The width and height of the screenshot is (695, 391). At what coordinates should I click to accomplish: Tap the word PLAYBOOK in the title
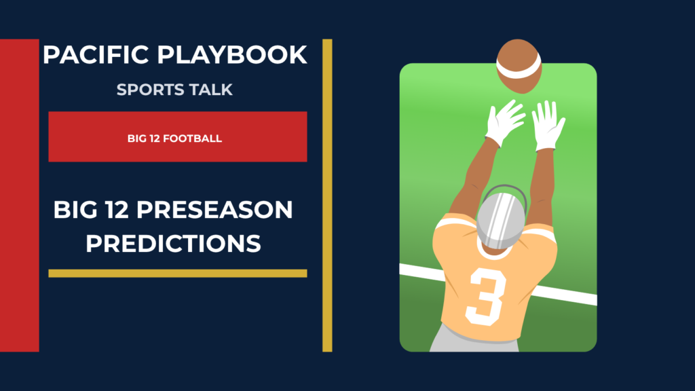[x=232, y=54]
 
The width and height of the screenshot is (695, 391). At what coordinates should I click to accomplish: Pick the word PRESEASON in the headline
[x=214, y=210]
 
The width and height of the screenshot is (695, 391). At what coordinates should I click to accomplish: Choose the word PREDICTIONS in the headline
[x=173, y=244]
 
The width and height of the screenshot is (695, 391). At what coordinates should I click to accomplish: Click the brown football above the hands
[x=519, y=66]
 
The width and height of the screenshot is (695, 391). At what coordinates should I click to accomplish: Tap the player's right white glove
[x=548, y=126]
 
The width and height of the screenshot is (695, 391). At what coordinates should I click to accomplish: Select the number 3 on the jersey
[x=486, y=296]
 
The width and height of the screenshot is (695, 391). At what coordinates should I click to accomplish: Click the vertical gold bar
[x=327, y=195]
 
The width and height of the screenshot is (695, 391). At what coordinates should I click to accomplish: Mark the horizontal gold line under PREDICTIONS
[x=178, y=274]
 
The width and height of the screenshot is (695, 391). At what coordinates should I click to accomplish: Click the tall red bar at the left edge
[x=20, y=195]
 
